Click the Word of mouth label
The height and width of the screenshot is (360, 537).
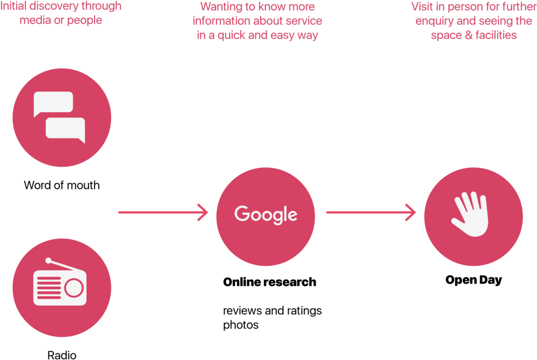pyautogui.click(x=62, y=185)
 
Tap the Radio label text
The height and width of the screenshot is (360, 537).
pyautogui.click(x=62, y=355)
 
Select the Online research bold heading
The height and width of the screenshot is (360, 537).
pyautogui.click(x=269, y=282)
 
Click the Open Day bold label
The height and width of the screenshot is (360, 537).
pyautogui.click(x=474, y=280)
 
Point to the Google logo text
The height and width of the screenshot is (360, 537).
pyautogui.click(x=266, y=214)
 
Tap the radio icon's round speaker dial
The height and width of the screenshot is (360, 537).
pyautogui.click(x=74, y=288)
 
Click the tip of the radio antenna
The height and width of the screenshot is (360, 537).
pyautogui.click(x=48, y=261)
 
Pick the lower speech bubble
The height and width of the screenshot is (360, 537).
pyautogui.click(x=65, y=130)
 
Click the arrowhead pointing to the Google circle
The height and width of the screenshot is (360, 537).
pyautogui.click(x=203, y=212)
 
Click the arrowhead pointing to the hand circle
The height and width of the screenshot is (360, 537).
pyautogui.click(x=411, y=212)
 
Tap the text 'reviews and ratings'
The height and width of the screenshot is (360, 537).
pyautogui.click(x=272, y=311)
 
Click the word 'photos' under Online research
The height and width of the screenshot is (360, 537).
pyautogui.click(x=241, y=325)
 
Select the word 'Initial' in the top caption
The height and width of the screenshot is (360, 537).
pyautogui.click(x=13, y=6)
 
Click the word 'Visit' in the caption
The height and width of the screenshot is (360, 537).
pyautogui.click(x=422, y=6)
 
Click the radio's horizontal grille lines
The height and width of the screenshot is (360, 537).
pyautogui.click(x=49, y=288)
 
